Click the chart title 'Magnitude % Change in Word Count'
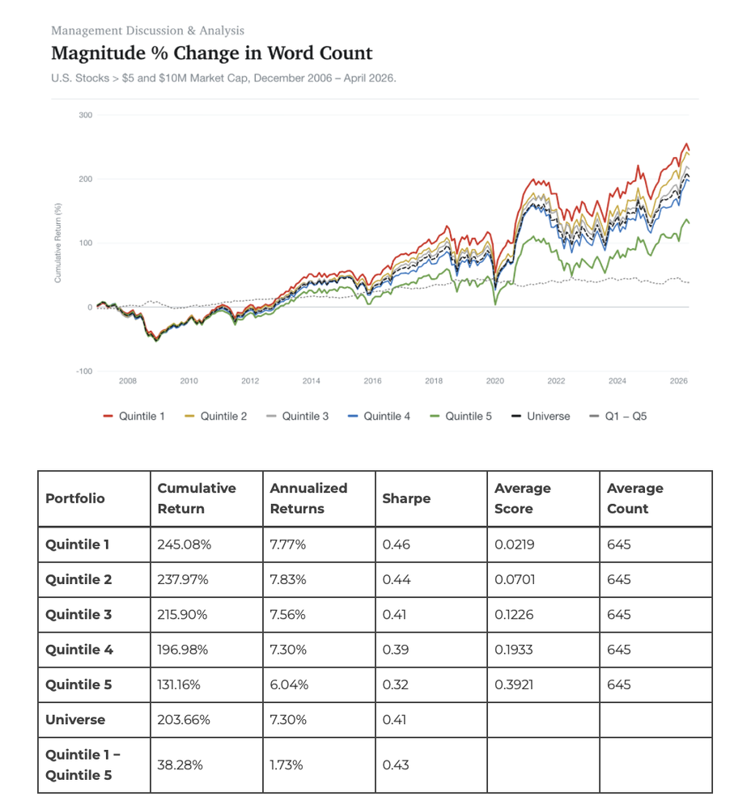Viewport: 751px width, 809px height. click(211, 53)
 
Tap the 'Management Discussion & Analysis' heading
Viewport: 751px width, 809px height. click(147, 31)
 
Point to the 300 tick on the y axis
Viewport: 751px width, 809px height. click(86, 115)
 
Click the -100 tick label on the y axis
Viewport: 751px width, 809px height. click(84, 371)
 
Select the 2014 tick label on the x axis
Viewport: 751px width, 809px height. click(312, 381)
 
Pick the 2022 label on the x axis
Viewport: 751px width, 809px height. click(556, 381)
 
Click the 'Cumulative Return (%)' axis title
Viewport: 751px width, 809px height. click(57, 243)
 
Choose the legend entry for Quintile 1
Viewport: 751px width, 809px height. click(134, 417)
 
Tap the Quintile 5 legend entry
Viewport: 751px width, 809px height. click(461, 417)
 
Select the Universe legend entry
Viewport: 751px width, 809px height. click(541, 417)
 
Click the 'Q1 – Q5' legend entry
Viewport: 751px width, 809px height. click(617, 417)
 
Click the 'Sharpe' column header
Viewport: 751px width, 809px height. click(406, 498)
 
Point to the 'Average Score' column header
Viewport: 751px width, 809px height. click(522, 498)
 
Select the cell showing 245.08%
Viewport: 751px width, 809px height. click(185, 544)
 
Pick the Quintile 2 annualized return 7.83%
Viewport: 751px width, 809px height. click(288, 579)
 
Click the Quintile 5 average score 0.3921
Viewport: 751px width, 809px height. click(514, 684)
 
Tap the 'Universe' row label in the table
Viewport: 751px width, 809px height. click(75, 720)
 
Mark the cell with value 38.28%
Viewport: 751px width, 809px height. click(180, 765)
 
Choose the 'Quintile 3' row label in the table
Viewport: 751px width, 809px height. click(78, 615)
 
